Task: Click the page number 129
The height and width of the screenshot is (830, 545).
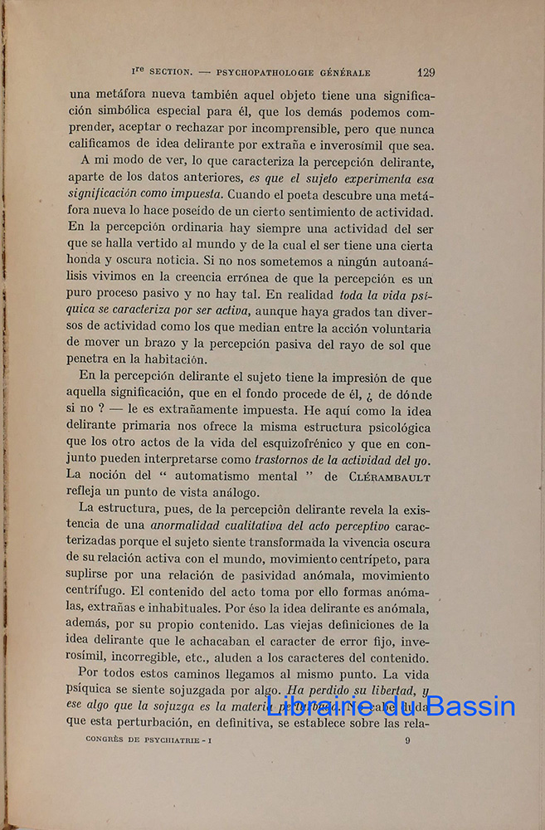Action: (x=426, y=72)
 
